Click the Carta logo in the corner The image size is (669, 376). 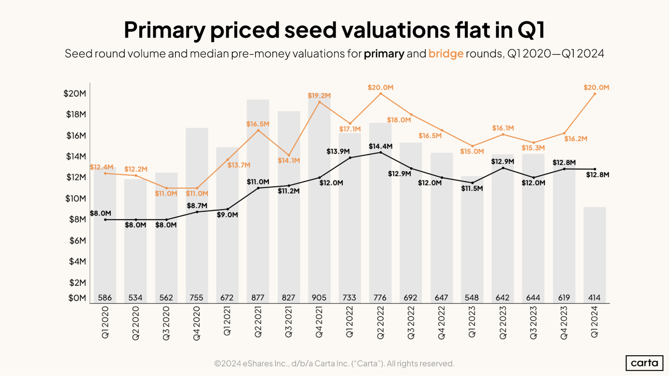click(644, 363)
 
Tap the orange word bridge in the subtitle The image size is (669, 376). click(446, 53)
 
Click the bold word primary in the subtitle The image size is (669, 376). click(384, 53)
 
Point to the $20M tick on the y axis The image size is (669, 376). click(75, 94)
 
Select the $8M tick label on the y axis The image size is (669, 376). click(77, 219)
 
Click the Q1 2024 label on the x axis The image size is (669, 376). click(594, 322)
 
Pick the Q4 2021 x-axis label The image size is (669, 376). click(319, 322)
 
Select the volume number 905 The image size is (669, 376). click(319, 297)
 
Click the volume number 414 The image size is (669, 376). click(594, 297)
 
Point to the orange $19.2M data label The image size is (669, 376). click(319, 96)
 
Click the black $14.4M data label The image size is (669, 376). click(381, 146)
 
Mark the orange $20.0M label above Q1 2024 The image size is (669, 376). click(596, 88)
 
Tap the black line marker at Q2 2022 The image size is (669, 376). click(381, 152)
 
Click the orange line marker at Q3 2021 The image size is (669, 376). click(289, 155)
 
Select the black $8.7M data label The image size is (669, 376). click(197, 206)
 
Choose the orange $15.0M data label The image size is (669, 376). click(472, 151)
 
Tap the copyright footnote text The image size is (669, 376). click(334, 363)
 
